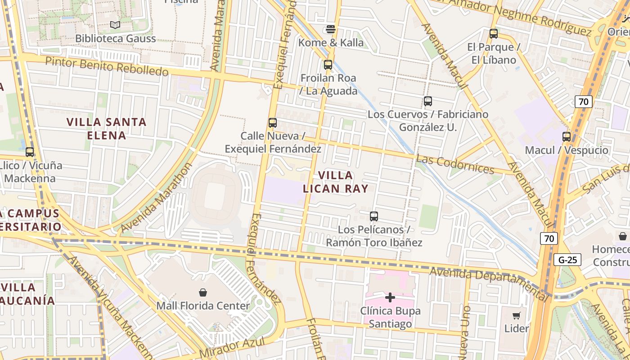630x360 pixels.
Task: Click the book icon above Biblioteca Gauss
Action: pos(115,25)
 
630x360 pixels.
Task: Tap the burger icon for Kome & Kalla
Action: pos(331,30)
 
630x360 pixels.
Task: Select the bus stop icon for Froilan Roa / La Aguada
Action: pos(328,65)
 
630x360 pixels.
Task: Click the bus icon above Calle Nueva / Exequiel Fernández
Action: pos(273,123)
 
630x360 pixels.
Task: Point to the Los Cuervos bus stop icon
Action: pos(428,101)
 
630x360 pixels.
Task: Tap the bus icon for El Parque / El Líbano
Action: pos(494,34)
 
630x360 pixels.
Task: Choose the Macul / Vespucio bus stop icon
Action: pos(567,137)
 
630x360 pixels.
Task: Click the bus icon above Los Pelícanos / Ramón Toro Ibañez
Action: pos(374,216)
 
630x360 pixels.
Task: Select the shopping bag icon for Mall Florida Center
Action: pos(203,292)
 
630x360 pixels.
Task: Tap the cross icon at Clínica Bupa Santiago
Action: pos(390,297)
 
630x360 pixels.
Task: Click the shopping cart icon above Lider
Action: pos(517,315)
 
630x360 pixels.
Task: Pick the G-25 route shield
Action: pos(567,260)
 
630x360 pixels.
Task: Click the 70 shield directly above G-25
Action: pos(549,238)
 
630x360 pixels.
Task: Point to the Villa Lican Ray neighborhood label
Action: pos(336,182)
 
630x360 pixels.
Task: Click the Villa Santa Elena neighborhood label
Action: pos(107,128)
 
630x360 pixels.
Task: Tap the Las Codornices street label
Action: pos(455,164)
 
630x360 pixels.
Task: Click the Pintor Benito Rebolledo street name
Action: pos(107,66)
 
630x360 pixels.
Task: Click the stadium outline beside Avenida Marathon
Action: pos(215,197)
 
